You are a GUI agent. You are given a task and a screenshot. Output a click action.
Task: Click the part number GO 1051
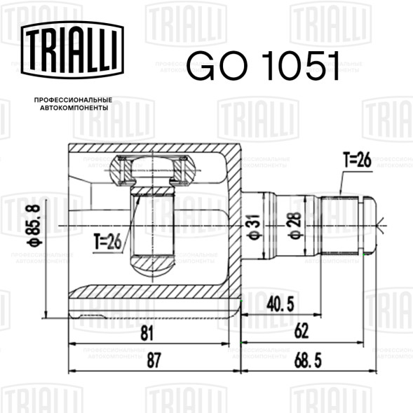[264, 65]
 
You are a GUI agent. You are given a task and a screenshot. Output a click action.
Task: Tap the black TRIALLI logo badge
[72, 50]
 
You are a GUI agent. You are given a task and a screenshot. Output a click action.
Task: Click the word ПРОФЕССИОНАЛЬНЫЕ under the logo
[73, 100]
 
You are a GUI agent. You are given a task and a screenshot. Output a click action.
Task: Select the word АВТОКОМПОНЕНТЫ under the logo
[74, 108]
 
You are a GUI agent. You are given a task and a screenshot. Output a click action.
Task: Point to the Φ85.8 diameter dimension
[34, 226]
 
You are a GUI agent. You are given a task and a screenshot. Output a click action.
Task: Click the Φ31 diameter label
[254, 227]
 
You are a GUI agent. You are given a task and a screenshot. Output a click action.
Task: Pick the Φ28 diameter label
[295, 225]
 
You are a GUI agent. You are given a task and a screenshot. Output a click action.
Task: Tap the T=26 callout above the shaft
[358, 160]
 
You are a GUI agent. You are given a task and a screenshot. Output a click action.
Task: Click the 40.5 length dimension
[280, 305]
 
